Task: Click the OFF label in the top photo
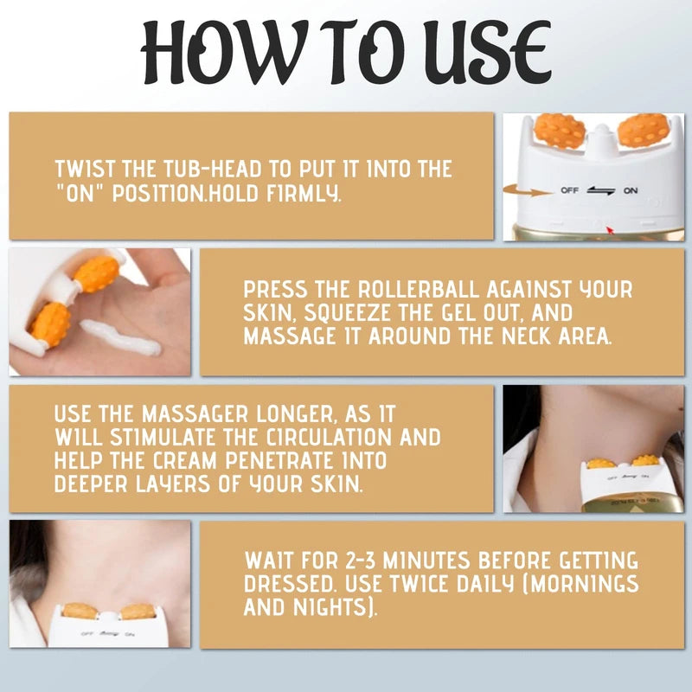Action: (x=568, y=190)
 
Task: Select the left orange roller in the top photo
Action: (x=560, y=131)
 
